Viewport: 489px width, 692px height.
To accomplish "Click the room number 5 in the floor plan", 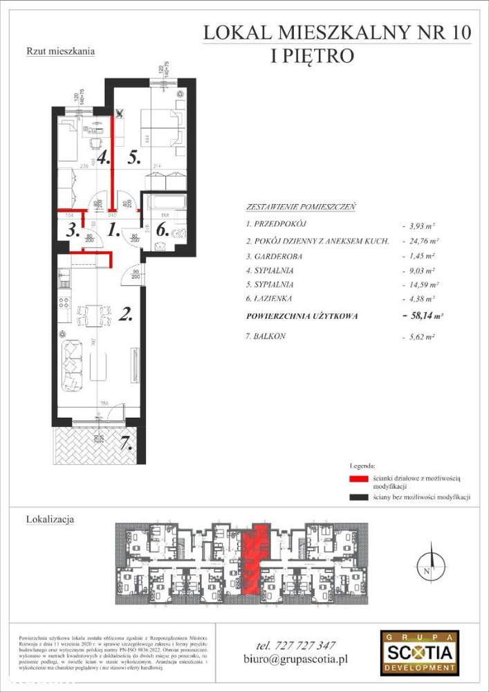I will [x=134, y=157].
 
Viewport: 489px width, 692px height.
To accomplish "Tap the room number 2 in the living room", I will [x=126, y=316].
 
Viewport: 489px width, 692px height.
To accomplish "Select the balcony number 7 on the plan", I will [x=125, y=444].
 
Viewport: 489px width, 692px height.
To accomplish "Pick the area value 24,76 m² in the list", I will [x=419, y=242].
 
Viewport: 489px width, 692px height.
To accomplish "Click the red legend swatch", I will [x=358, y=479].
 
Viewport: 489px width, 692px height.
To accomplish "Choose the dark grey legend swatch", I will [x=358, y=498].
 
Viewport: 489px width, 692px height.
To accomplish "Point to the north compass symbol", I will [x=430, y=563].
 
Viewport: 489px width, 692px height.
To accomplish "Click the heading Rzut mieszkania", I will [x=60, y=51].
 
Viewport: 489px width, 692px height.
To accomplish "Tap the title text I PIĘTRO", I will [x=312, y=55].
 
